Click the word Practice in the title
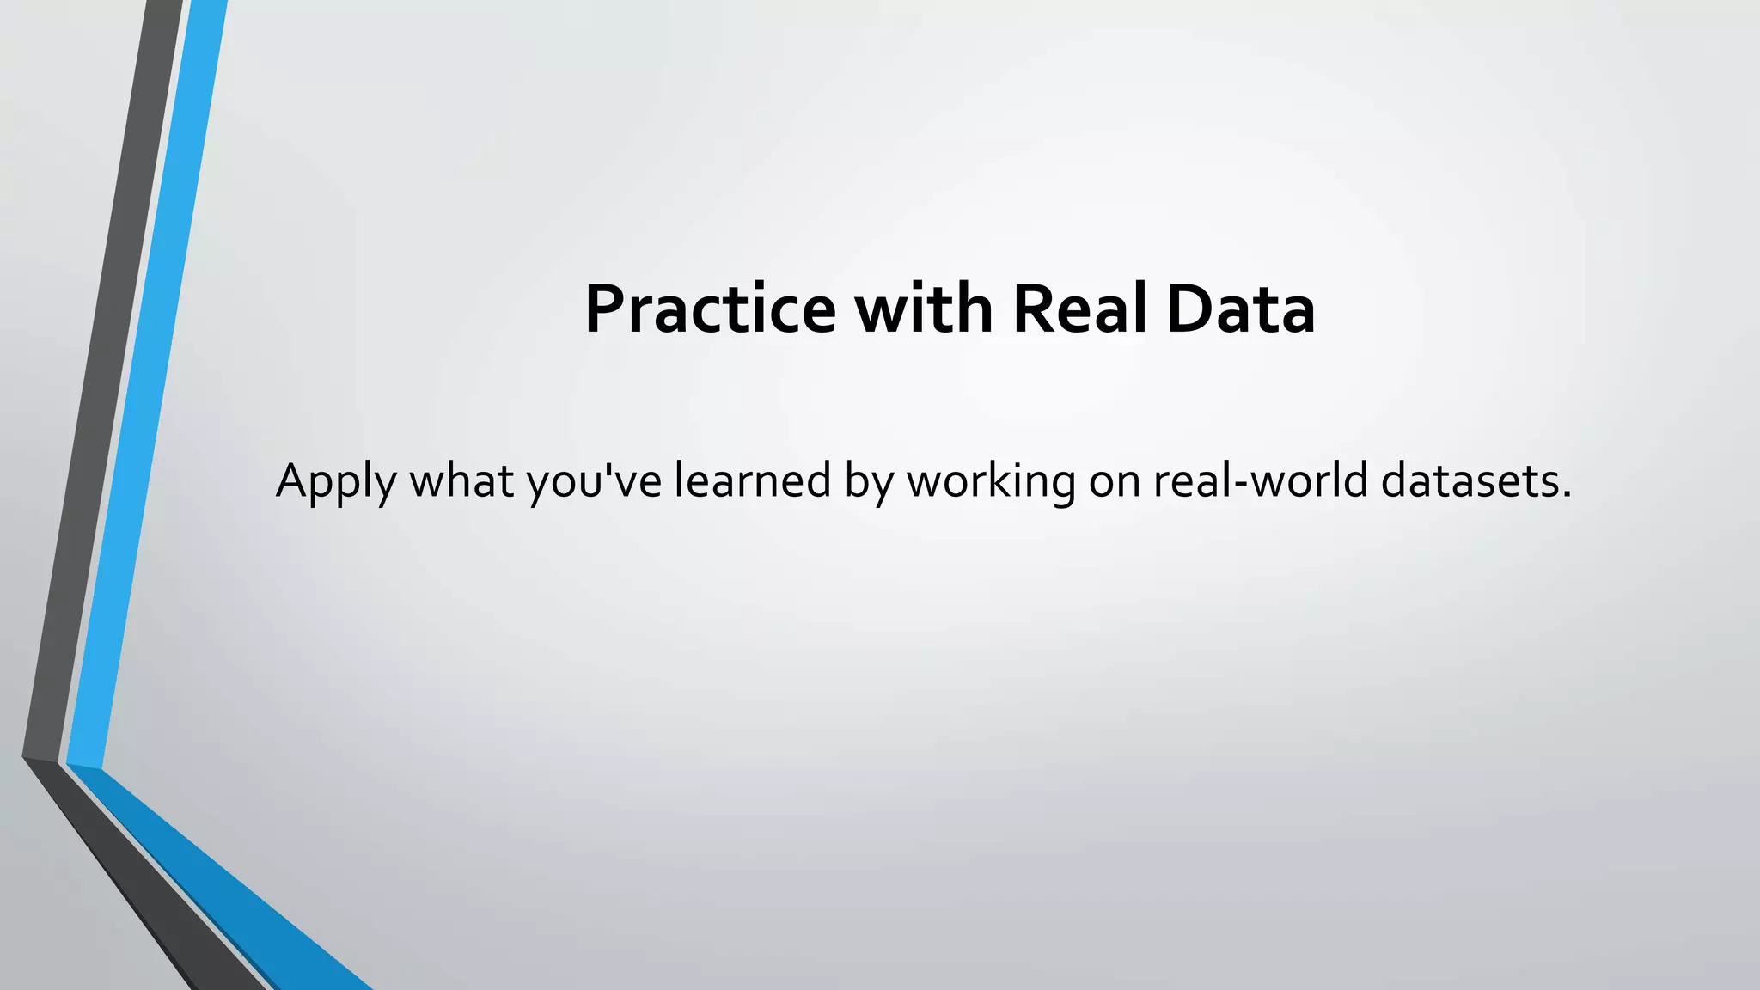click(x=710, y=309)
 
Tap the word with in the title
click(x=924, y=309)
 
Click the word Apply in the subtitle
click(x=335, y=481)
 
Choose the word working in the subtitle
click(x=991, y=481)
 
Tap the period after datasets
click(x=1567, y=495)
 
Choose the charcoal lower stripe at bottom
click(x=163, y=911)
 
